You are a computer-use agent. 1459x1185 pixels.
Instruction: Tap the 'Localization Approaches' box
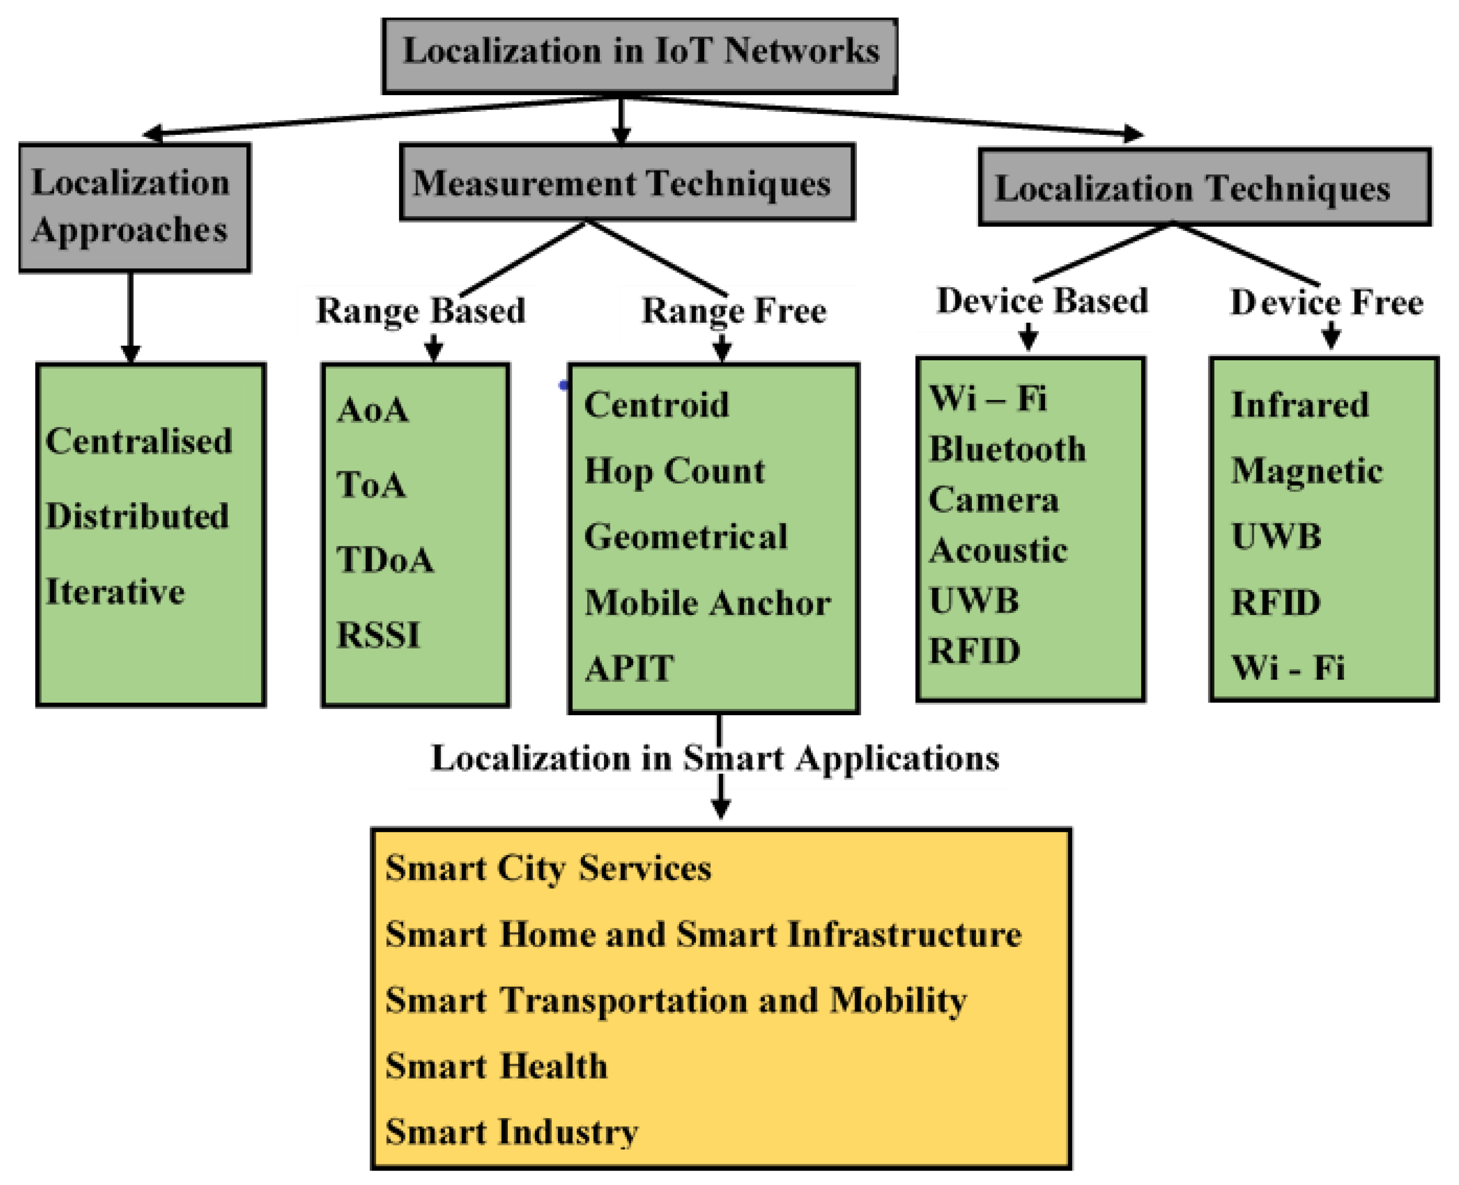click(134, 207)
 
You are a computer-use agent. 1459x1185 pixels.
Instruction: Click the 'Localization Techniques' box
click(1204, 187)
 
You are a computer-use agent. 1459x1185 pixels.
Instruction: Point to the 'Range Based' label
click(421, 311)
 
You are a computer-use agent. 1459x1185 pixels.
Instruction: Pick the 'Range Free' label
click(734, 311)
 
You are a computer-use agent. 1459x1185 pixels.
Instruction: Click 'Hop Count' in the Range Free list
click(675, 471)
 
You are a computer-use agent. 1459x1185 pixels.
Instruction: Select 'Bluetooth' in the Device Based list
click(1008, 449)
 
